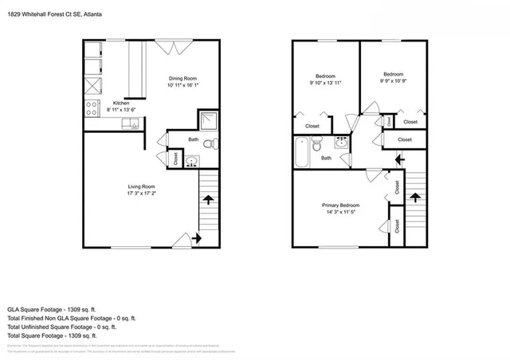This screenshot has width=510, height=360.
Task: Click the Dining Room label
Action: point(182,78)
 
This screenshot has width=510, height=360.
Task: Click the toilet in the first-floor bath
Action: point(210,144)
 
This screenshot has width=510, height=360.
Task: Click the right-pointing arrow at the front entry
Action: point(196,237)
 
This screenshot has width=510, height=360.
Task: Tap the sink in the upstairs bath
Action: point(341,143)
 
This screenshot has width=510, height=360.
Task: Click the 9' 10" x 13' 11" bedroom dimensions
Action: point(324,83)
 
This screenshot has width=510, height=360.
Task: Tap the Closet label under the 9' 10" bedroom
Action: point(312,126)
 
